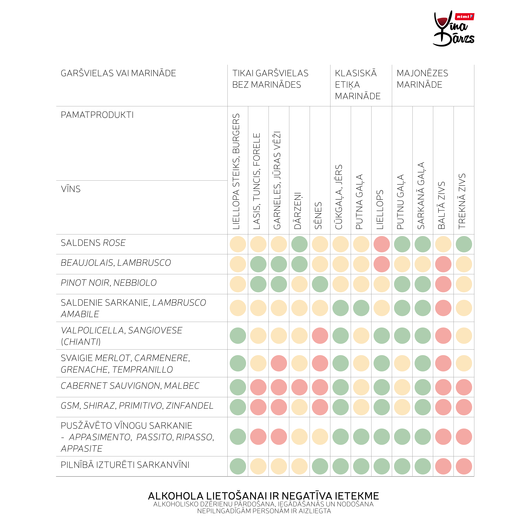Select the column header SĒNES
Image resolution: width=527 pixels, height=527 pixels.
tap(318, 216)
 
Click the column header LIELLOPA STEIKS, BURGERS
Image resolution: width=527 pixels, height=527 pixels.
tap(236, 171)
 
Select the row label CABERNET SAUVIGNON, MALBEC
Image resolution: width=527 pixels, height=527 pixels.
tap(130, 386)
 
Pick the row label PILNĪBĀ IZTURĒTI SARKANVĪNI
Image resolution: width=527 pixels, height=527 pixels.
tap(125, 465)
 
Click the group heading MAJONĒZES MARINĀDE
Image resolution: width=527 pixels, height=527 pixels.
tap(422, 79)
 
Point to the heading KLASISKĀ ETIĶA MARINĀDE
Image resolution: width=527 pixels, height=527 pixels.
tap(358, 85)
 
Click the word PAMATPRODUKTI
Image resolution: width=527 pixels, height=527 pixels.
tap(97, 115)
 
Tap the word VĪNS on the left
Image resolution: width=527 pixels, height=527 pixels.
tap(71, 189)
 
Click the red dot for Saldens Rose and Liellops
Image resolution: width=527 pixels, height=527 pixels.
tap(382, 244)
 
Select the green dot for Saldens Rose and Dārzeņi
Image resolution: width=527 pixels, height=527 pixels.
tap(299, 244)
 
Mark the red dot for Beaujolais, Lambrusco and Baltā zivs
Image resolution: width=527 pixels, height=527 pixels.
tap(443, 264)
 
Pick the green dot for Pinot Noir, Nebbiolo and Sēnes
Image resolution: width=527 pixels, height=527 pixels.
tap(320, 284)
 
